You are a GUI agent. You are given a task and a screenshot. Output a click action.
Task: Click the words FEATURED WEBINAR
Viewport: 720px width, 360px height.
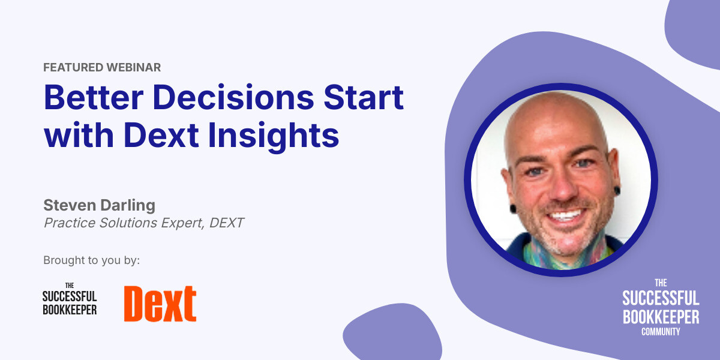click(102, 67)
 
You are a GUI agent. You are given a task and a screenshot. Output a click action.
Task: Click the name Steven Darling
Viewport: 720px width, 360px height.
click(99, 205)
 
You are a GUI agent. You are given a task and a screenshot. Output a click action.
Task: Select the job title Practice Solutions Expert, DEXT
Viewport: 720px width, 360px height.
click(143, 223)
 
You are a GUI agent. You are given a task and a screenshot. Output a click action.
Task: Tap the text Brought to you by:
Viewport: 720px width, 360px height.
click(91, 260)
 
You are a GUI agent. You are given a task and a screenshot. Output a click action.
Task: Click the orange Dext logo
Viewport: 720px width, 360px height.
click(160, 304)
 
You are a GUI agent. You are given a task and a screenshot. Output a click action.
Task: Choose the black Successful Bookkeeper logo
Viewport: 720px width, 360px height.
click(70, 298)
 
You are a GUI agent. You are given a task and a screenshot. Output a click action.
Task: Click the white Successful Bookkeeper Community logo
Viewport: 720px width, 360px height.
click(661, 307)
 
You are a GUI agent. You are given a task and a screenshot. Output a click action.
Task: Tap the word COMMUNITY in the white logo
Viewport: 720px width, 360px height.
click(661, 331)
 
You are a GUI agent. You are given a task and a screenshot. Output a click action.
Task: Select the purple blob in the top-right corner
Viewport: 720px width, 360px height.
click(696, 30)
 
